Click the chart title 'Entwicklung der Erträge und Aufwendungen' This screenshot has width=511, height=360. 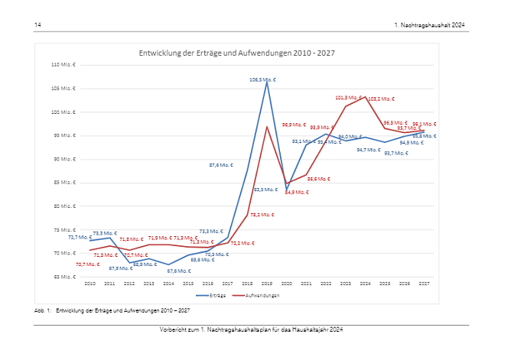point(236,54)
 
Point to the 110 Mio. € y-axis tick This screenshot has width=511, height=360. point(65,65)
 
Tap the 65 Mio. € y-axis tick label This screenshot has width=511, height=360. point(66,277)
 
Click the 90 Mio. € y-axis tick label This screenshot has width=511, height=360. point(66,159)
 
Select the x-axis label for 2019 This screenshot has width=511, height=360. point(267,284)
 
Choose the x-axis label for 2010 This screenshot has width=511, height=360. point(90,284)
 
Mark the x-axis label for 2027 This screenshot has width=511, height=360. point(423,284)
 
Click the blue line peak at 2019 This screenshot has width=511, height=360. point(267,82)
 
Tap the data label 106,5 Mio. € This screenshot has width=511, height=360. point(262,79)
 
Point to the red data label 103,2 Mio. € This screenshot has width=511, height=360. point(381,99)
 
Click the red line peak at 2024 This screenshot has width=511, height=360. point(365,97)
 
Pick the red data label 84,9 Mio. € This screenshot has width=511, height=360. point(297,192)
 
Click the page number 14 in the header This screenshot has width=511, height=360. point(37,25)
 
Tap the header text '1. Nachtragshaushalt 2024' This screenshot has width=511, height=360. point(429,25)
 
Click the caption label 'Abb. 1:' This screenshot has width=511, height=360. point(42,311)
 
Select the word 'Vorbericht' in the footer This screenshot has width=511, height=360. point(174,329)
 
